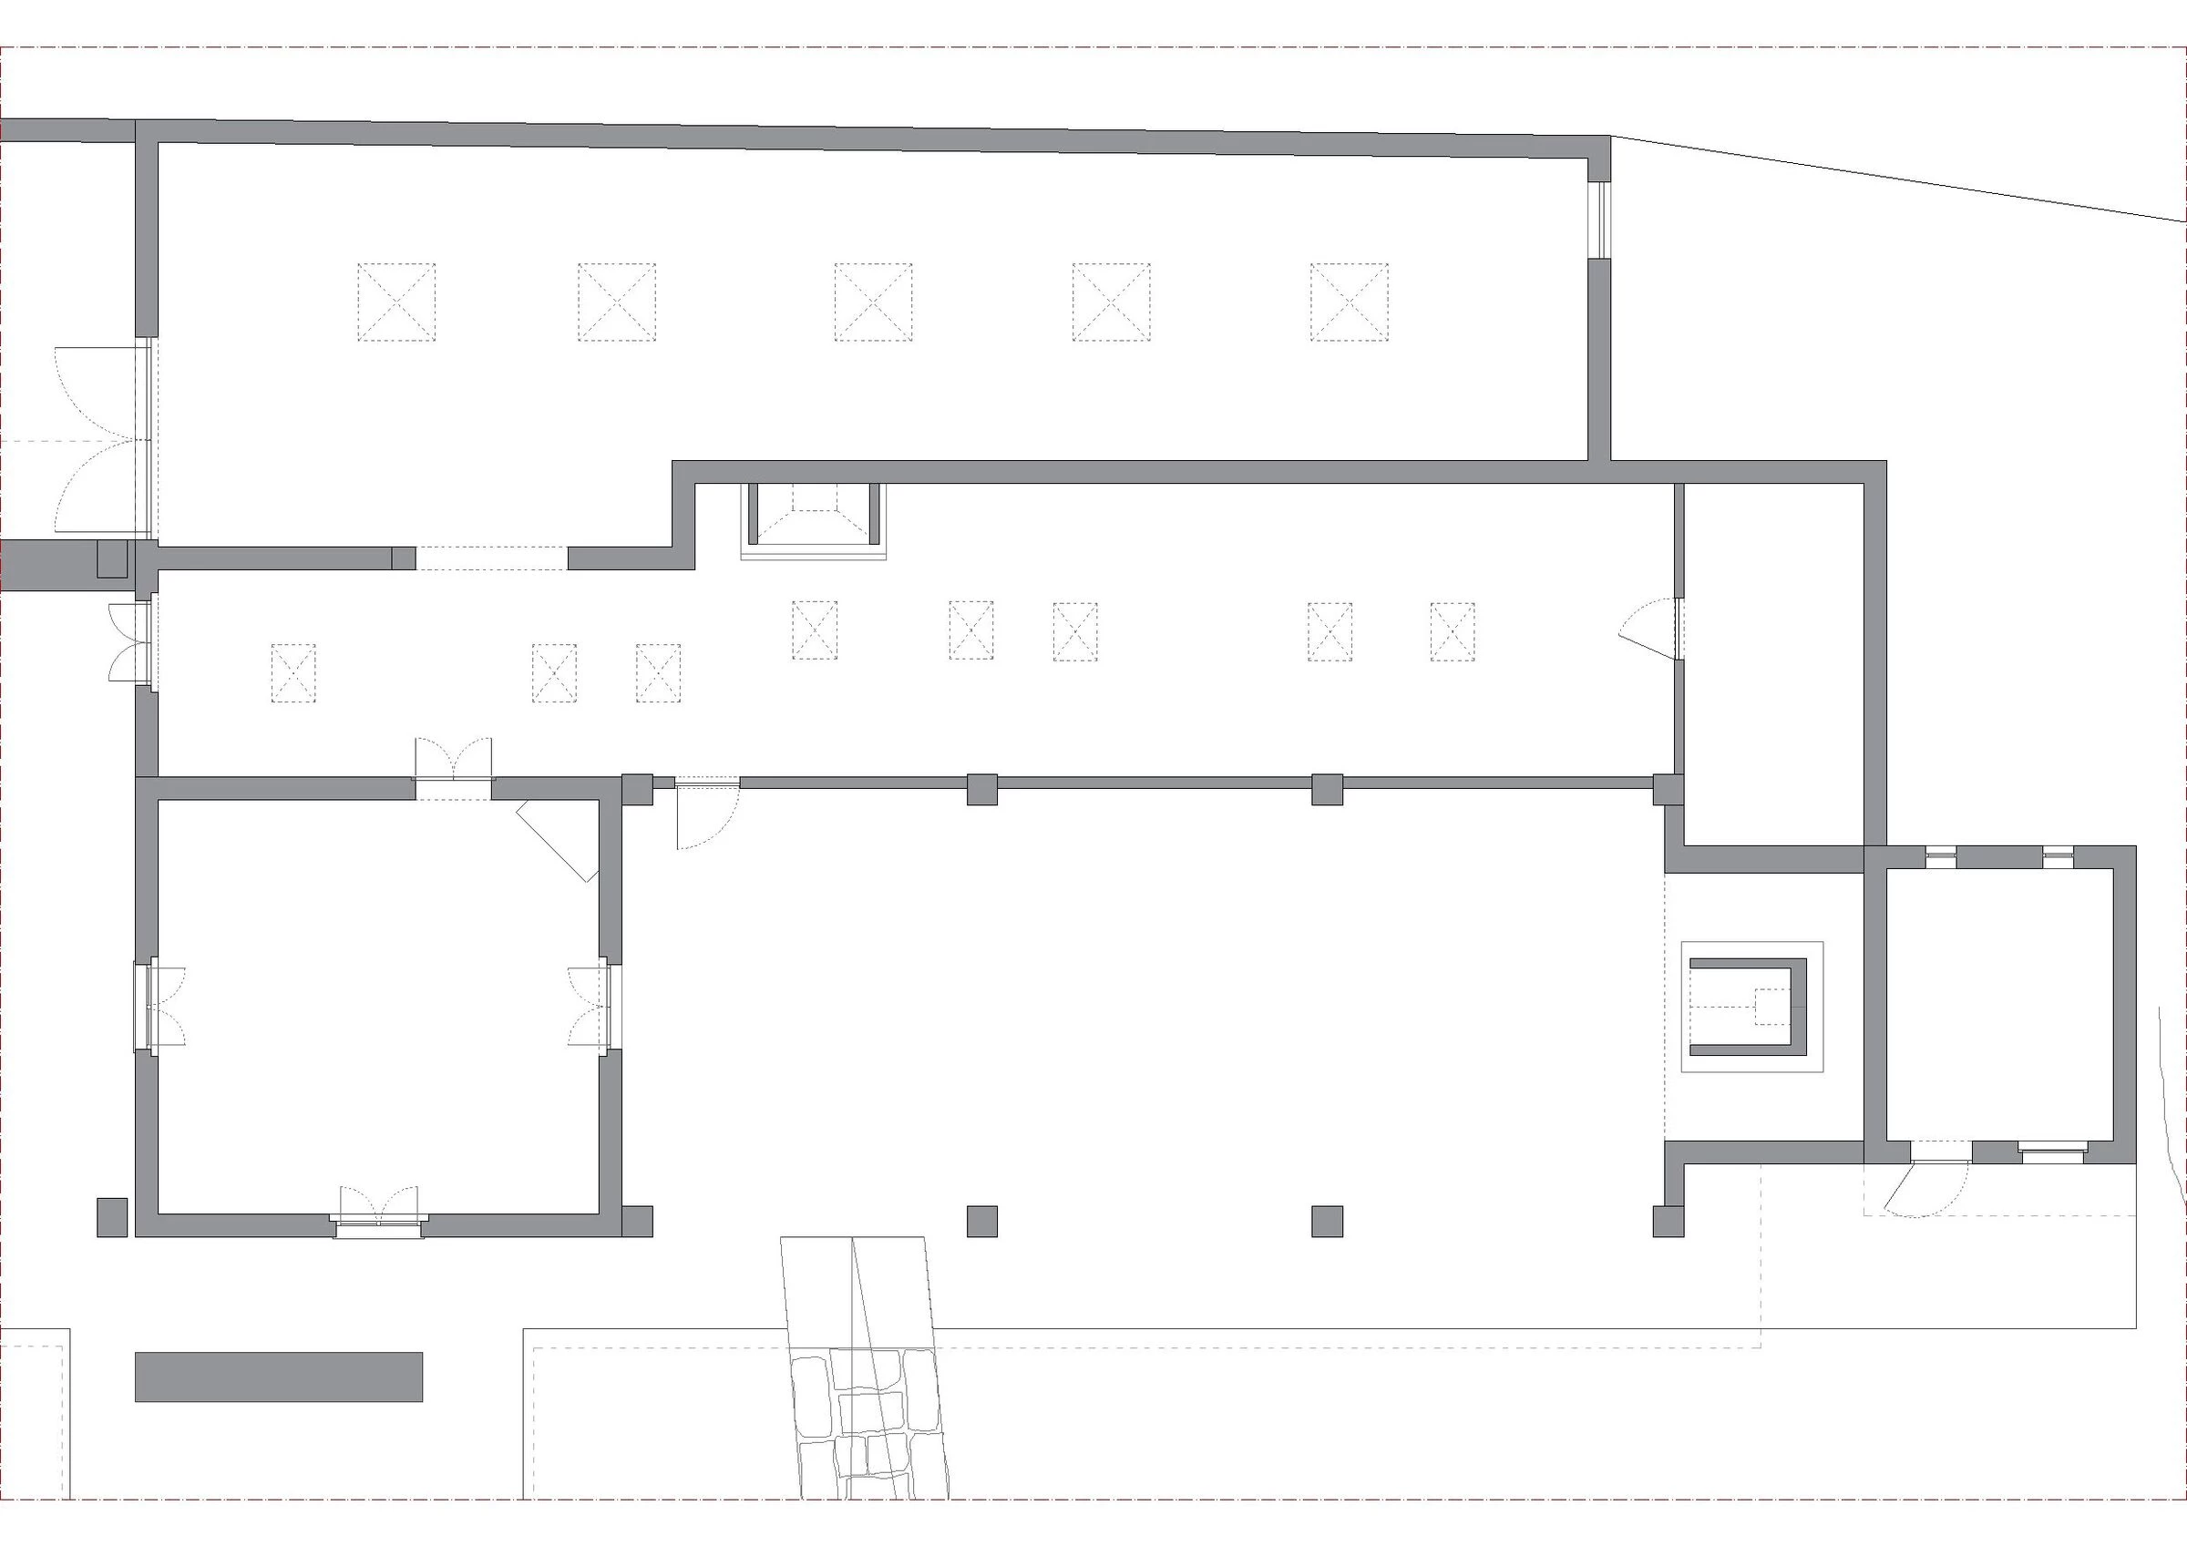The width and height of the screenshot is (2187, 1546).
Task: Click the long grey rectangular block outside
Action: click(278, 1377)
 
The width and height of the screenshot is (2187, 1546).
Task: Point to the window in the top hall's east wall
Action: click(1599, 219)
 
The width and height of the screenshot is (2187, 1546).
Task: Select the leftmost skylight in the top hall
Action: click(396, 302)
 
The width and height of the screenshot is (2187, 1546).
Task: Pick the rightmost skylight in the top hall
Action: click(1349, 302)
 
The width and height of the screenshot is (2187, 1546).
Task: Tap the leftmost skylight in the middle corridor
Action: click(293, 673)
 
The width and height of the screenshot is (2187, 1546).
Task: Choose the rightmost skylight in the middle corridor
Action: click(1453, 631)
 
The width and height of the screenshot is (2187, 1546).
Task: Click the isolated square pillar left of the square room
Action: click(111, 1217)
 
